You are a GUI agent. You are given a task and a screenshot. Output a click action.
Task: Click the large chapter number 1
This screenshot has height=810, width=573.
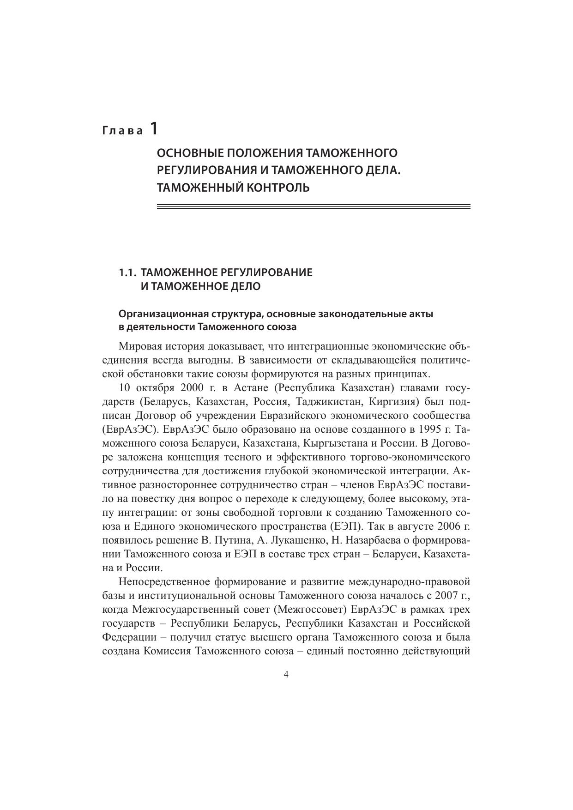(153, 128)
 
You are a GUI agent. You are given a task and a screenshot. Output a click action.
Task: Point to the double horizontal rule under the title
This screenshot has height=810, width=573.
(314, 207)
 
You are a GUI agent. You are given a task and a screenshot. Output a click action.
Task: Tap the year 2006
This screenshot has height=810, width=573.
(450, 526)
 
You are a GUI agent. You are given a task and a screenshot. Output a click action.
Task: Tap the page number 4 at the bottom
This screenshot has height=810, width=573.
(286, 675)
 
